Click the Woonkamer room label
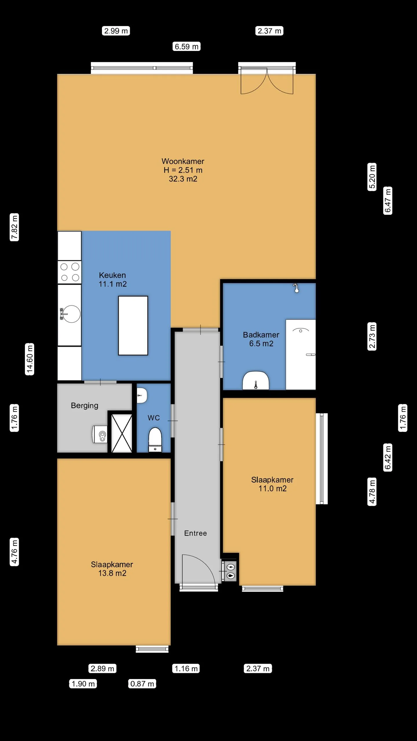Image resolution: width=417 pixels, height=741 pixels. tap(183, 161)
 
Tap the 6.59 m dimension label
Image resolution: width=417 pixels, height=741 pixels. tap(187, 47)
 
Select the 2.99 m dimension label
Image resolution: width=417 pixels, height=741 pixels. tap(116, 31)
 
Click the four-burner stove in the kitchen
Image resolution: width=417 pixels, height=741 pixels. tap(69, 272)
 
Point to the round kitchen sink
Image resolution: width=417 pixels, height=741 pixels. tap(72, 314)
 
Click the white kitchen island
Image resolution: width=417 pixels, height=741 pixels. tap(133, 325)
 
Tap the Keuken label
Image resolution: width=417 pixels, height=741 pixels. tap(112, 275)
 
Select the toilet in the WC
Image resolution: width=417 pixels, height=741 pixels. tap(155, 440)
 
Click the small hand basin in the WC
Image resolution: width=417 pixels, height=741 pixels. tap(142, 395)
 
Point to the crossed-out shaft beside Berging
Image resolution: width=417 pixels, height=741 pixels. tap(122, 433)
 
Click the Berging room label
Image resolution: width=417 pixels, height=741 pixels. tap(85, 406)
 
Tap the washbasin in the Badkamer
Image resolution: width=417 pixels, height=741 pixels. tap(256, 380)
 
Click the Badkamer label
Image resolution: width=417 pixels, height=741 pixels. tap(261, 335)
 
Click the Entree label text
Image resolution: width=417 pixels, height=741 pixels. tap(195, 533)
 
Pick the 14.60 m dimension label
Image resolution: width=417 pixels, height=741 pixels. tap(30, 359)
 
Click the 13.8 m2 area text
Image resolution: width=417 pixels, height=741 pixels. tap(112, 573)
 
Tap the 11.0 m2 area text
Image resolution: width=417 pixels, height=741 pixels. tap(272, 489)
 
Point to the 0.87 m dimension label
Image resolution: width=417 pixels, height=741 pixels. tap(142, 684)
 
